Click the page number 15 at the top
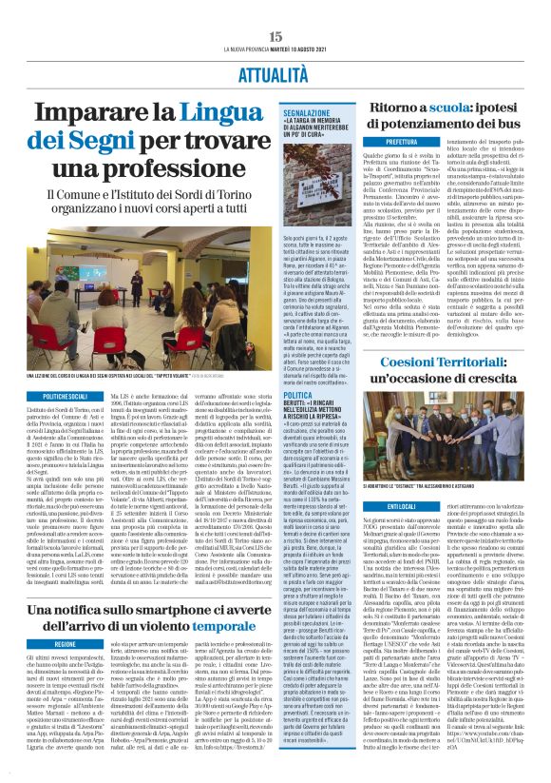tap(275, 35)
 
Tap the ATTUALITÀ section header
tap(275, 69)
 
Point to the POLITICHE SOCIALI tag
tap(35, 393)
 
